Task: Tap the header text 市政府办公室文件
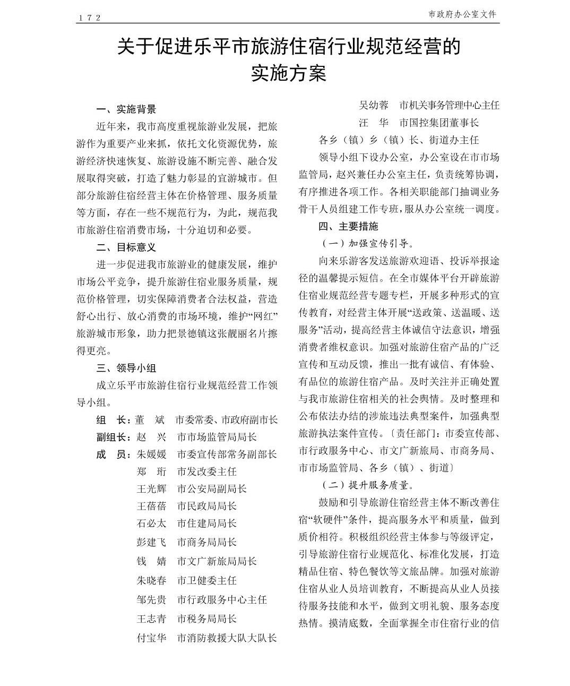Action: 462,14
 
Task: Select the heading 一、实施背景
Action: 126,109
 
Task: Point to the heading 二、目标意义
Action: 126,247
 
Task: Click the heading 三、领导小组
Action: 126,368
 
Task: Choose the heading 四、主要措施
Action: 348,226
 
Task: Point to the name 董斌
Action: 151,419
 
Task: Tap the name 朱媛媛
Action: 151,455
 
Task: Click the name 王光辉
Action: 151,489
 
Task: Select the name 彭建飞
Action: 151,542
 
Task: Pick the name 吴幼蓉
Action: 374,105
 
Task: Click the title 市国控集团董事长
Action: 439,123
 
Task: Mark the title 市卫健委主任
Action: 206,580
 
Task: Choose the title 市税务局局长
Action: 206,619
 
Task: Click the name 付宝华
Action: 151,638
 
